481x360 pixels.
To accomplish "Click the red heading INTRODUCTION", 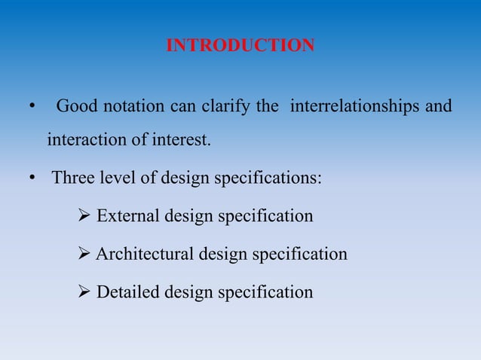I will click(240, 46).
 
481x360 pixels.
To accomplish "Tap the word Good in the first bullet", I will click(76, 106).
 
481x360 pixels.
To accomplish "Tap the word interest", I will click(184, 140).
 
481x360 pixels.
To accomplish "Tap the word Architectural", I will click(145, 255).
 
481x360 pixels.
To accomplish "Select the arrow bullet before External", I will click(84, 217).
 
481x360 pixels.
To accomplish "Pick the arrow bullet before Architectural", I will click(84, 255).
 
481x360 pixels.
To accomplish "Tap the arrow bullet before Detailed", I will click(84, 292).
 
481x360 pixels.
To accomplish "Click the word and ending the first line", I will click(438, 106).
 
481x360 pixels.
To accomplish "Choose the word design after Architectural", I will click(222, 255).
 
